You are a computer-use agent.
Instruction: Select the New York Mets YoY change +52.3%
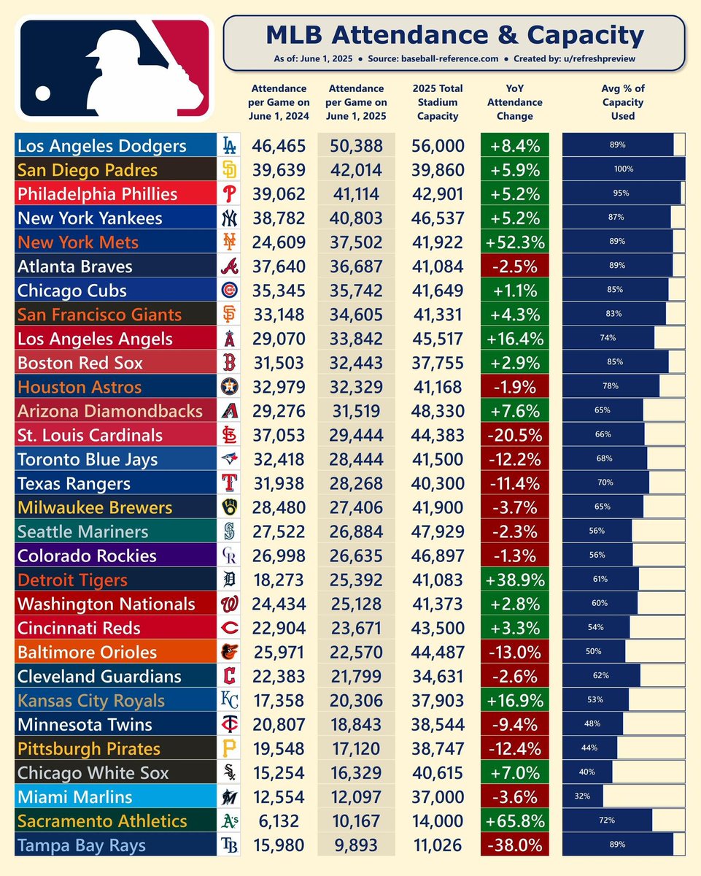coord(515,242)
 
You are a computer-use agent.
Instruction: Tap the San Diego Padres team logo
coord(229,170)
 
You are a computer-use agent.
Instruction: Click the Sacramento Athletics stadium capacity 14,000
coord(438,821)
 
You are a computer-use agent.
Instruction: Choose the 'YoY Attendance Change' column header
coord(515,103)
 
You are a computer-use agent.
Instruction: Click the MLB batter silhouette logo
coord(115,67)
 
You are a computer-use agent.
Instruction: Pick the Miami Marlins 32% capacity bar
coord(583,796)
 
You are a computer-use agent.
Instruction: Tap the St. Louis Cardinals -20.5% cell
coord(515,435)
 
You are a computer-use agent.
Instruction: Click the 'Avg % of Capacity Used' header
coord(623,103)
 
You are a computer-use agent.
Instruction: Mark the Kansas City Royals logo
coord(229,701)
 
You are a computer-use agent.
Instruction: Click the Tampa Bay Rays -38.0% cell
coord(515,845)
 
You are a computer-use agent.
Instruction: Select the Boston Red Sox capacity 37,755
coord(438,363)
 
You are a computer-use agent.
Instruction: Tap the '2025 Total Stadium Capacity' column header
coord(438,103)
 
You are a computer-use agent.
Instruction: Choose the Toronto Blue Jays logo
coord(229,459)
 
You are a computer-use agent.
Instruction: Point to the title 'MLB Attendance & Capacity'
coord(454,36)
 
